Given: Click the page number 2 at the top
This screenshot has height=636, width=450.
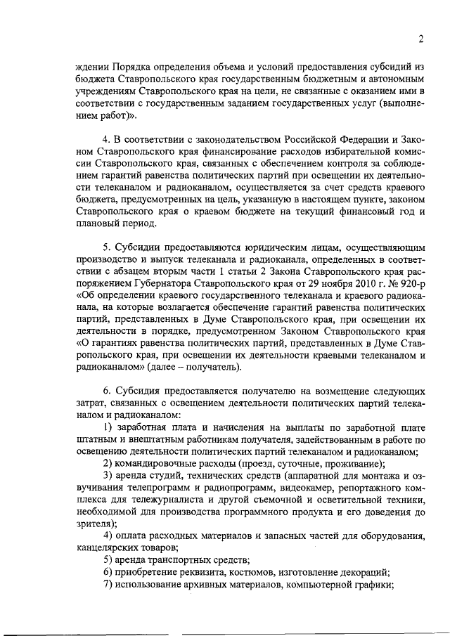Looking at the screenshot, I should click(x=419, y=39).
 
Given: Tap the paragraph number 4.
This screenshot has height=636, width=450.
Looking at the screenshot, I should click(x=106, y=136).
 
